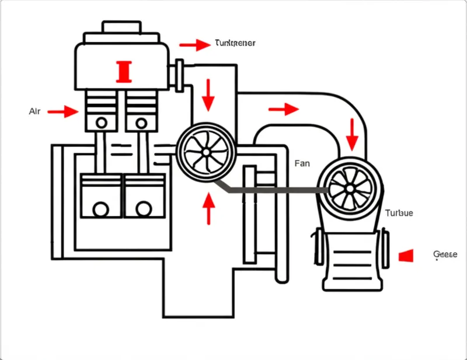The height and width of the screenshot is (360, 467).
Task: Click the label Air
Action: point(34,111)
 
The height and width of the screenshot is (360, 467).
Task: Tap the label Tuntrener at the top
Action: point(235,43)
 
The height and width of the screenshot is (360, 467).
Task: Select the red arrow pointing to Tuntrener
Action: point(194,44)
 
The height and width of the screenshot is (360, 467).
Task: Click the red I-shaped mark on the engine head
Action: point(125,71)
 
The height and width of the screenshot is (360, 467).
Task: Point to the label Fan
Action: point(302,164)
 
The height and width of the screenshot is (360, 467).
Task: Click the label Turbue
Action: point(399,213)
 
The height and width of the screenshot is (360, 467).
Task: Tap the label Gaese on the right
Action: point(446,254)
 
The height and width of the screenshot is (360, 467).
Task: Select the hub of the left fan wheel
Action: point(205,152)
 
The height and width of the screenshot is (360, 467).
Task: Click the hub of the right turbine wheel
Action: point(348,188)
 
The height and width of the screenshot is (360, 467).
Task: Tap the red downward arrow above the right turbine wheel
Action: point(352,134)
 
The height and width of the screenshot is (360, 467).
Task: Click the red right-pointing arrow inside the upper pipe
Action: point(284,109)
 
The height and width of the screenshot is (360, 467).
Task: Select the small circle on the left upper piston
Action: point(102,123)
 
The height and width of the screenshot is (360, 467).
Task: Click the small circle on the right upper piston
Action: point(141,123)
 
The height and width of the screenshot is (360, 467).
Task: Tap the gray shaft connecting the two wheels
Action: point(274,190)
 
